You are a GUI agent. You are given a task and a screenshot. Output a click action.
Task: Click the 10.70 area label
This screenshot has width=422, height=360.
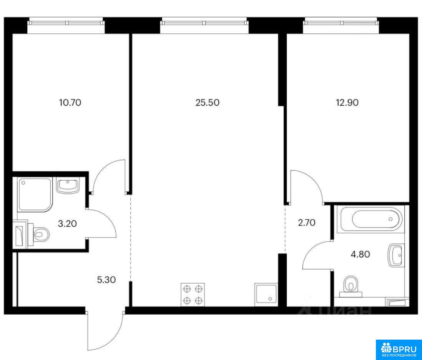70,103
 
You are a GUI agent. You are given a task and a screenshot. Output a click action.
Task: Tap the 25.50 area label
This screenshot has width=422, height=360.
207,103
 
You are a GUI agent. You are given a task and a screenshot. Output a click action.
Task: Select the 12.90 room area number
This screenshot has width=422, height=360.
347,103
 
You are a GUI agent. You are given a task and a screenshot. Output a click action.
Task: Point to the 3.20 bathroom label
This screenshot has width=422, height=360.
68,223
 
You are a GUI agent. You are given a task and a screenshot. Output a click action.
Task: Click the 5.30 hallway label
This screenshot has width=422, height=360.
106,280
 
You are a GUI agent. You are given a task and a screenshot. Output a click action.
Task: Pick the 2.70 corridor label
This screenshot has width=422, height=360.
307,223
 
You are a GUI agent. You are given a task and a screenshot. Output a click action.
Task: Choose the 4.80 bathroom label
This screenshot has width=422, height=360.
360,254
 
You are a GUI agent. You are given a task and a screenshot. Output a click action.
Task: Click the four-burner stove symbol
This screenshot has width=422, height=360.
193,295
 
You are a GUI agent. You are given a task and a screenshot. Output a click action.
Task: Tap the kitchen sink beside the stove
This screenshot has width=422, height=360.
265,295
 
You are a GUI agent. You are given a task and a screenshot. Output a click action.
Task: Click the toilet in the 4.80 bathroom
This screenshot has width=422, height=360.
351,286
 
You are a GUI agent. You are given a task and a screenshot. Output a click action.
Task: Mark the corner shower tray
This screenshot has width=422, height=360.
34,194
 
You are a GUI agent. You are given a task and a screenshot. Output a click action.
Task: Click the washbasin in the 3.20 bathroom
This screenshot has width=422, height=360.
68,186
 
